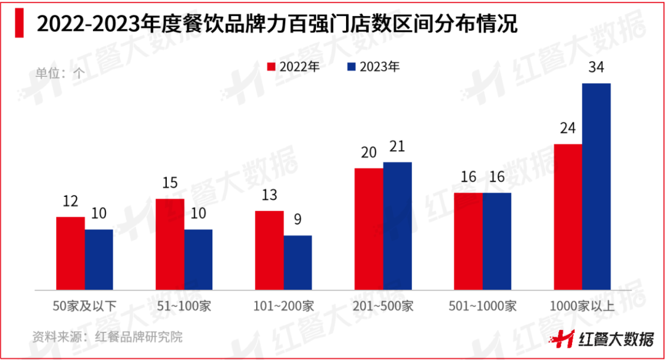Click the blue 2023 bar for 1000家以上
tap(596, 186)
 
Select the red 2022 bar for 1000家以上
tap(568, 217)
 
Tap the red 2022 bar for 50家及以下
tap(70, 253)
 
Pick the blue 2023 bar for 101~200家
tap(298, 262)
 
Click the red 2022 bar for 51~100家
tap(170, 244)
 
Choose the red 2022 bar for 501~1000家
tap(468, 241)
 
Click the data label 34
tap(596, 68)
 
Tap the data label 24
tap(568, 129)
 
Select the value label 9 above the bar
tap(298, 220)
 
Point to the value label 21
tap(397, 146)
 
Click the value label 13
tap(269, 196)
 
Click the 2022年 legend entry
tap(293, 67)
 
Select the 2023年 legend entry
tap(373, 67)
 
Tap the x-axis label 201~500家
tap(383, 306)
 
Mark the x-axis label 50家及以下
tap(84, 306)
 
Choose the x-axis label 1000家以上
tap(582, 306)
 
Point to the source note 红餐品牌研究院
tap(108, 337)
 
